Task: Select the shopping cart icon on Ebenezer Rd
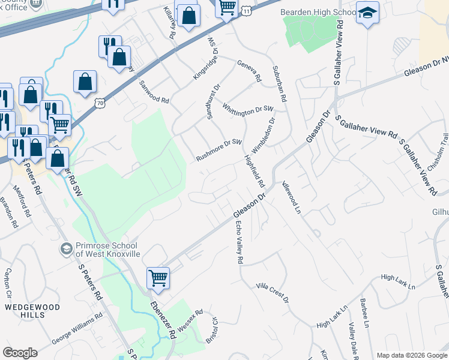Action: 158,277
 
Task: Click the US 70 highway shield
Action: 100,103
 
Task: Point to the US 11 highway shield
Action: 246,11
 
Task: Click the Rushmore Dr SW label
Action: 218,151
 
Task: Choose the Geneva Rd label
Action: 249,71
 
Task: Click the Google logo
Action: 20,353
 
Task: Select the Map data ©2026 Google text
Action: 412,355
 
